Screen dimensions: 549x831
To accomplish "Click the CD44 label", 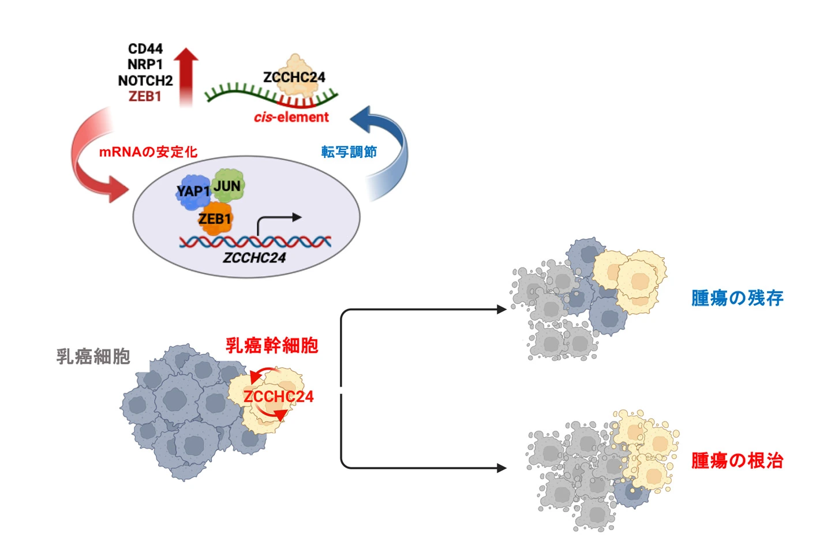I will [145, 48].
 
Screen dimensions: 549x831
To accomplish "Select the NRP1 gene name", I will [145, 65].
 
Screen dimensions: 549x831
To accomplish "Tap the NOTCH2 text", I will [145, 81].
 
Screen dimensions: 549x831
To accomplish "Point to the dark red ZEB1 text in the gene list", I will [145, 96].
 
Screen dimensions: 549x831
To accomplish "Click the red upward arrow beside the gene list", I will [186, 75].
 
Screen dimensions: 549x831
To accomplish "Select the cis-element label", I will [291, 117].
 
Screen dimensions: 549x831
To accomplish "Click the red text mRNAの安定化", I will [148, 152].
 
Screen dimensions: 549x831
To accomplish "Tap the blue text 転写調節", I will [349, 152].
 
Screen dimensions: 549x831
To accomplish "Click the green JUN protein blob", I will [228, 185].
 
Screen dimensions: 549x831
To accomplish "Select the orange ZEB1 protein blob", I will [215, 219].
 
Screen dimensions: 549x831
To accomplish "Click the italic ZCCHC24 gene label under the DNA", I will [254, 258].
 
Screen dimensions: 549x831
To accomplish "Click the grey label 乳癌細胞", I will [93, 356].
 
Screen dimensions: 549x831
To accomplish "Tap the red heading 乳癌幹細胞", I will [272, 345].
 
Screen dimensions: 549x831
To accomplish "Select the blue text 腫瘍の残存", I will [737, 298].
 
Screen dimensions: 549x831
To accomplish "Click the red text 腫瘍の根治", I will [737, 461].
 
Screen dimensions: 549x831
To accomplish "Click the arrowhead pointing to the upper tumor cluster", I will [501, 310].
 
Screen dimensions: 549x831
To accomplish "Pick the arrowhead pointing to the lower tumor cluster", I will [501, 468].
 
